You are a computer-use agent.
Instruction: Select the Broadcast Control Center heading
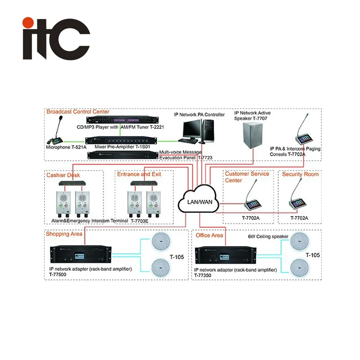(x=78, y=112)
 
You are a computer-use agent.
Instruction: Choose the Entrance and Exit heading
(x=139, y=174)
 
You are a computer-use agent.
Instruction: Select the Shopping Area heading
(x=64, y=234)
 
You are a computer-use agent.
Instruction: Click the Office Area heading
(x=210, y=235)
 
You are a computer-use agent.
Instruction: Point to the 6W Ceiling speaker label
(x=265, y=235)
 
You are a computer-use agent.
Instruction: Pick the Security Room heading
(x=301, y=174)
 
